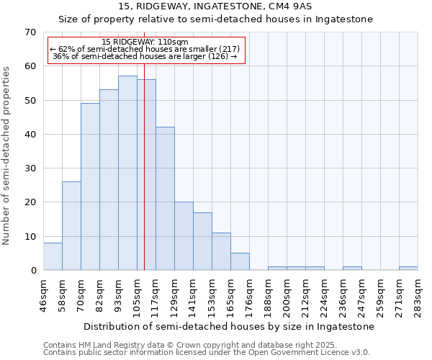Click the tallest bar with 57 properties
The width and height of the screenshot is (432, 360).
tap(127, 173)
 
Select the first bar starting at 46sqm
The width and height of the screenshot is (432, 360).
tap(53, 256)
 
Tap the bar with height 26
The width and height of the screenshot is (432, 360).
tap(71, 226)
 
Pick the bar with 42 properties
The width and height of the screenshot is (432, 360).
tap(165, 199)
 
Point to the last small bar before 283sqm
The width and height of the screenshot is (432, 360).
tap(408, 269)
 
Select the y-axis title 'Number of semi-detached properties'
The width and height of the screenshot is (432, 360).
tap(7, 156)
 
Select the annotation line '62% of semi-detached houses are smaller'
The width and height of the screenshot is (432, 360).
tap(145, 49)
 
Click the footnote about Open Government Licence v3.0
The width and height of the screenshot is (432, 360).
tap(206, 352)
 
